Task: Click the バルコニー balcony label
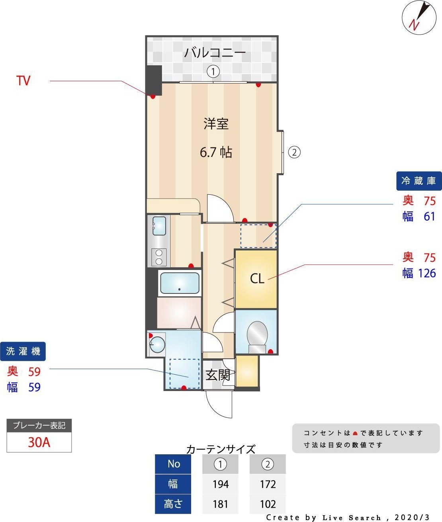[215, 52]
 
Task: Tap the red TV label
[23, 81]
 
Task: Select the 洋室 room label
[216, 124]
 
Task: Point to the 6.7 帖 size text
[216, 152]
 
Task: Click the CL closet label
[257, 278]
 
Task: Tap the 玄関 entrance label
[217, 375]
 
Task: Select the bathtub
[180, 283]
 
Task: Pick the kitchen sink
[159, 226]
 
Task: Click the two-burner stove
[159, 257]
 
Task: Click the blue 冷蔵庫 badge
[419, 181]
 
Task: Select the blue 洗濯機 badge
[23, 351]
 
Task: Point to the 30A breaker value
[39, 442]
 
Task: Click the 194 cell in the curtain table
[220, 484]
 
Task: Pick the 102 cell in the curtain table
[268, 504]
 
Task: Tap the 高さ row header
[173, 504]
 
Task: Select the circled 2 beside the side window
[294, 152]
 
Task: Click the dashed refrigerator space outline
[258, 236]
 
